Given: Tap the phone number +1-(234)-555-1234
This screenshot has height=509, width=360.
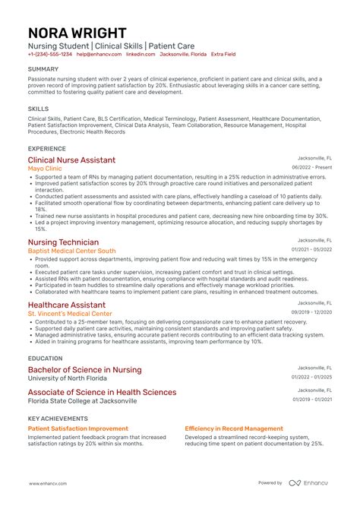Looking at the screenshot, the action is (x=50, y=55).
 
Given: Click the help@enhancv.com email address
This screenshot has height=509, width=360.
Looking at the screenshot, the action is (x=99, y=55).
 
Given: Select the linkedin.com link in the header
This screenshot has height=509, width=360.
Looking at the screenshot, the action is (x=140, y=55).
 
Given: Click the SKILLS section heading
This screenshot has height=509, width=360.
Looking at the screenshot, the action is (x=38, y=109).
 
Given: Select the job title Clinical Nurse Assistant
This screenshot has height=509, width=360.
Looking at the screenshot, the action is (x=71, y=160).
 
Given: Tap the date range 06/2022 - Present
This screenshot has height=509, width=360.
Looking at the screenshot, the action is (x=311, y=167).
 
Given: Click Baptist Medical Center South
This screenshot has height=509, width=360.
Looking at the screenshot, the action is (x=71, y=250).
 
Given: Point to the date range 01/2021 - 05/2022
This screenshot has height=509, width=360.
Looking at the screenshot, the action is (x=311, y=249).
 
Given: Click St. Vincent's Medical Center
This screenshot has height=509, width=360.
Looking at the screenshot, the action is (x=69, y=313).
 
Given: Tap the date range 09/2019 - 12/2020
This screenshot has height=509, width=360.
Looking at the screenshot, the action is (x=311, y=311).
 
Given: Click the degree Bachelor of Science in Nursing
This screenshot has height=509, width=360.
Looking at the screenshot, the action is (x=84, y=369).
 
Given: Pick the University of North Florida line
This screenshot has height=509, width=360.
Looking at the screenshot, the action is (x=72, y=378).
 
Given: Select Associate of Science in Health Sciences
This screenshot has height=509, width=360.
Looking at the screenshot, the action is (x=102, y=392).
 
